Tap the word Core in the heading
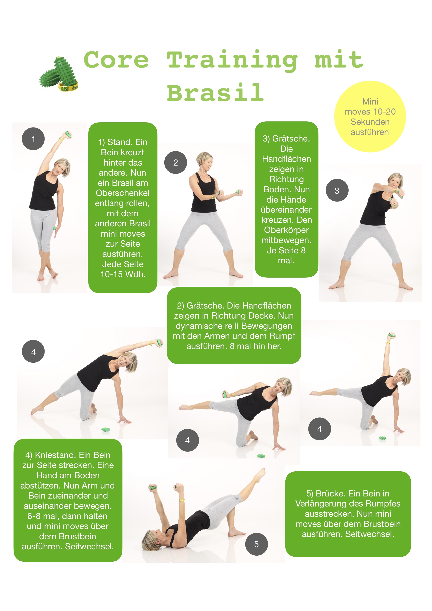pyautogui.click(x=116, y=59)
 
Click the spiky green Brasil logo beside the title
pyautogui.click(x=59, y=74)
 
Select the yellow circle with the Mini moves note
pyautogui.click(x=370, y=117)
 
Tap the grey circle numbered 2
pyautogui.click(x=176, y=163)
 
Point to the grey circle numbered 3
pyautogui.click(x=337, y=190)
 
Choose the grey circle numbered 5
pyautogui.click(x=257, y=544)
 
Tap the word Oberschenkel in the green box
pyautogui.click(x=123, y=193)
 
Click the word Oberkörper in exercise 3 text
pyautogui.click(x=286, y=230)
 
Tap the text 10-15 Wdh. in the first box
pyautogui.click(x=123, y=274)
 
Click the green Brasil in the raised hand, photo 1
pyautogui.click(x=69, y=134)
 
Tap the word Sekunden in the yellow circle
pyautogui.click(x=370, y=122)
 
